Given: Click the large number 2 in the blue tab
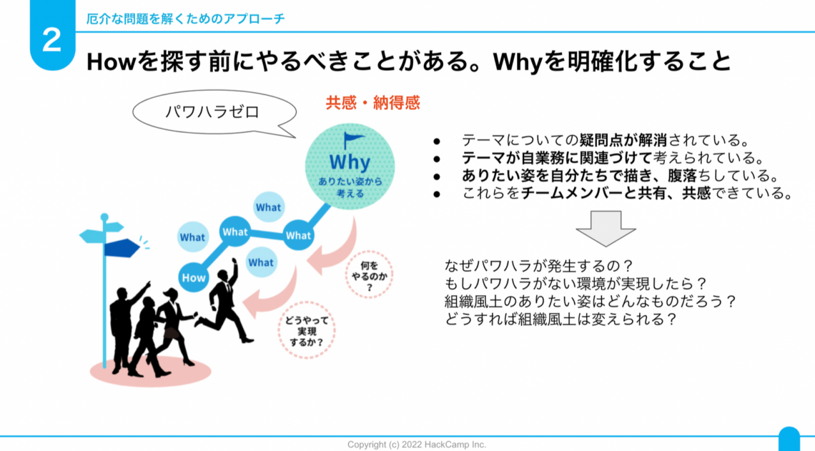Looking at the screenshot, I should [x=52, y=41].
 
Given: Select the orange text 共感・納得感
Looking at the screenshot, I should [x=372, y=103].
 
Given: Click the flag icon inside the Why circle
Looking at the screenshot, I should [x=352, y=139].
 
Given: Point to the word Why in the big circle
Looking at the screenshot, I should [x=350, y=161].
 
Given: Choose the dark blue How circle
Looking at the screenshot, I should [x=193, y=277].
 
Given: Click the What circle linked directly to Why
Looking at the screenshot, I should [x=298, y=235].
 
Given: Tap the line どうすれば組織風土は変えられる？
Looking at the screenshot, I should [x=560, y=319].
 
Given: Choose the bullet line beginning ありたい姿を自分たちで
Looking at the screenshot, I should [x=619, y=176].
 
